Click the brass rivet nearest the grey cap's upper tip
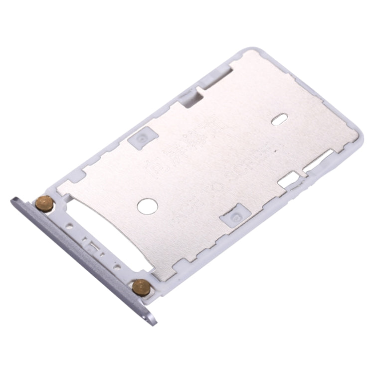coord(44,203)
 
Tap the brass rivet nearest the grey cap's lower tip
coord(141,287)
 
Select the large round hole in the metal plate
coord(147,206)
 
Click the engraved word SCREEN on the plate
coord(252,164)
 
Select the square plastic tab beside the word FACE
coord(235,215)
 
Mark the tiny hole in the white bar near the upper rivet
coord(69,227)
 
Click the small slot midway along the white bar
coord(92,245)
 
